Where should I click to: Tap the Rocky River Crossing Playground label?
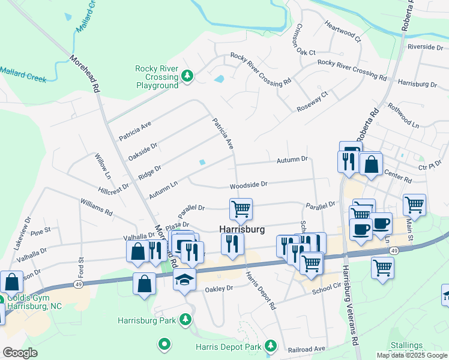157,77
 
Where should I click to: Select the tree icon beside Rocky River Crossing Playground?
188,76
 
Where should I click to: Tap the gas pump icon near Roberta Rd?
350,151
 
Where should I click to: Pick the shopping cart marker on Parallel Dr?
241,209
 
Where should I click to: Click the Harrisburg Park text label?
147,320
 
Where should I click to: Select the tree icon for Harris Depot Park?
271,346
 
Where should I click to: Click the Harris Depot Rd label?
261,290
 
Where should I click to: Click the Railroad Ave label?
307,348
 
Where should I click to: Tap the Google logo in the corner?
19,353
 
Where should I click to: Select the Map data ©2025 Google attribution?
412,355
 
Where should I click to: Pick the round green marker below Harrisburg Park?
164,344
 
